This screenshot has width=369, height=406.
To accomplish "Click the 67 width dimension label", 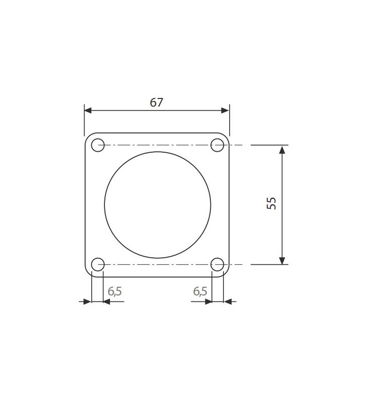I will coord(157,102).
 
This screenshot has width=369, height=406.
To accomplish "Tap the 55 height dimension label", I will coord(272,204).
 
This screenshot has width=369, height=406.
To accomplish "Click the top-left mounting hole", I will coord(98,145).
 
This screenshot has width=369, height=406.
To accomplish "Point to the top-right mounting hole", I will coord(217,145).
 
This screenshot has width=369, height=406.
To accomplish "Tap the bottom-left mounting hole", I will coord(98,264).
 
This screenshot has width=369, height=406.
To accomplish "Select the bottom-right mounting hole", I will coord(217,264).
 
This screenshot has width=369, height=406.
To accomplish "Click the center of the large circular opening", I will coord(158,205).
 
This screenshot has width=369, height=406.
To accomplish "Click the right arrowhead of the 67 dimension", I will coord(226,111).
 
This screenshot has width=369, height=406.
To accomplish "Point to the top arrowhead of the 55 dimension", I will coord(282,149).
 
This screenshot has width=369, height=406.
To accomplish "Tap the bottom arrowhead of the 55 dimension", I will coord(282,260).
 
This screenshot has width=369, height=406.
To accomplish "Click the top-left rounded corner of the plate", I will coord(88,136).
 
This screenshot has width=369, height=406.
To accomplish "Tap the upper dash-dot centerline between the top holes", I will coord(158,145).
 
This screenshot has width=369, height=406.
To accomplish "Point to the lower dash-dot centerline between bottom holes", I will coord(158,264).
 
